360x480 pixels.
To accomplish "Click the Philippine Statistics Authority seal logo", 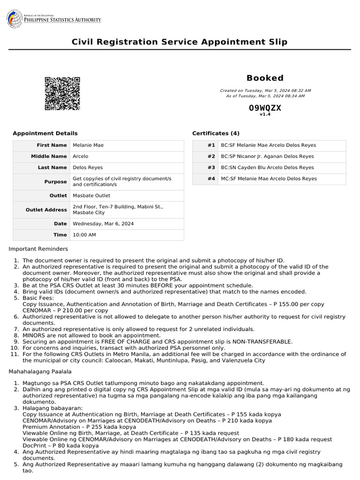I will pos(15,19).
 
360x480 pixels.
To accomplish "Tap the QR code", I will pos(62,93).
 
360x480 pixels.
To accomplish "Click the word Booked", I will pos(265,78).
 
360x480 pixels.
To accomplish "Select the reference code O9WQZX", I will pos(265,108).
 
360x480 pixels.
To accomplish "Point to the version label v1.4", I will pos(265,114).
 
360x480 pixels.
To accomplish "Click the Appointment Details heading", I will pos(45,134).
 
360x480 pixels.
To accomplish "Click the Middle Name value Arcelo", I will pos(81,157).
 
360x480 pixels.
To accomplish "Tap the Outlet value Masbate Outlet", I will pos(91,195).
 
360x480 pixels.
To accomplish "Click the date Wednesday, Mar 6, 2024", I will pos(103,224).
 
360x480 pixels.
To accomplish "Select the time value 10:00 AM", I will pos(84,235).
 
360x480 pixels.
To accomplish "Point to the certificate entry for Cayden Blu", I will pos(267,167).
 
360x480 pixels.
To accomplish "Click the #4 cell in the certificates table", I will pos(211,179).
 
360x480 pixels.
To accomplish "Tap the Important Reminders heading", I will pos(38,249).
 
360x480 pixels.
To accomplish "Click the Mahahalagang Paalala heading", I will pos(40,372).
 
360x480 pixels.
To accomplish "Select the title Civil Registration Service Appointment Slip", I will pos(180,42).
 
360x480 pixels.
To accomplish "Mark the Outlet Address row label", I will pos(46,210).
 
